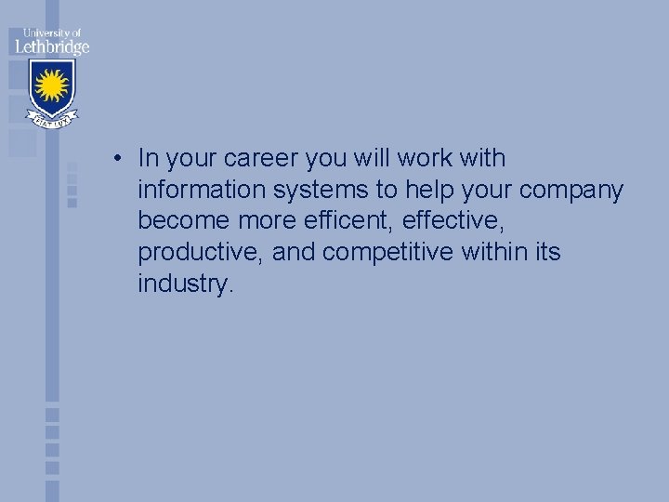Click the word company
(x=572, y=191)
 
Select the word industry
(x=182, y=284)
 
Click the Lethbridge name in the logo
(x=51, y=46)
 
